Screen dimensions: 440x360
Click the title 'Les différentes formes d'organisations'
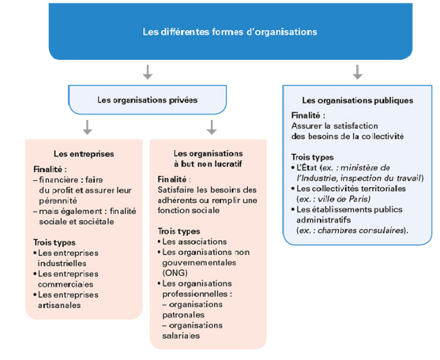(x=230, y=31)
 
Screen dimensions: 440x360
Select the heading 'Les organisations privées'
(x=147, y=100)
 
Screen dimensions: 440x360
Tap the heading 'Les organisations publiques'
(x=358, y=100)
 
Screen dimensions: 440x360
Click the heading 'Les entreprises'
(x=84, y=153)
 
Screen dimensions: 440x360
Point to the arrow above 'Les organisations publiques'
(x=357, y=72)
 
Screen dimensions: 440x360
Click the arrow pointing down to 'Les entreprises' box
(x=87, y=127)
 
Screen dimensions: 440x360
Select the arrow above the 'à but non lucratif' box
(x=212, y=127)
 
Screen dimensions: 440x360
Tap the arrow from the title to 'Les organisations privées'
(x=147, y=72)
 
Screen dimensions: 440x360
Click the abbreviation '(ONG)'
(x=175, y=273)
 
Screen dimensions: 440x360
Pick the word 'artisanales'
(x=59, y=305)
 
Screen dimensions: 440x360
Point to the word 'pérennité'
(x=58, y=201)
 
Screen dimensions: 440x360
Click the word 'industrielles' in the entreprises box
(x=61, y=263)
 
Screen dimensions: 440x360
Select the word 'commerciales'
(x=66, y=284)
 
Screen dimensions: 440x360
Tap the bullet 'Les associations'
(x=192, y=241)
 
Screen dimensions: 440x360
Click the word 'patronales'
(x=183, y=315)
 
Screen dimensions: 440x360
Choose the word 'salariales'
(x=181, y=336)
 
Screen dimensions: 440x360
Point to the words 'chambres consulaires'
(x=360, y=230)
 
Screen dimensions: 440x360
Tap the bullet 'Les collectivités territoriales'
(x=349, y=188)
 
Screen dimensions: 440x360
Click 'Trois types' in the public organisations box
(x=312, y=157)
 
